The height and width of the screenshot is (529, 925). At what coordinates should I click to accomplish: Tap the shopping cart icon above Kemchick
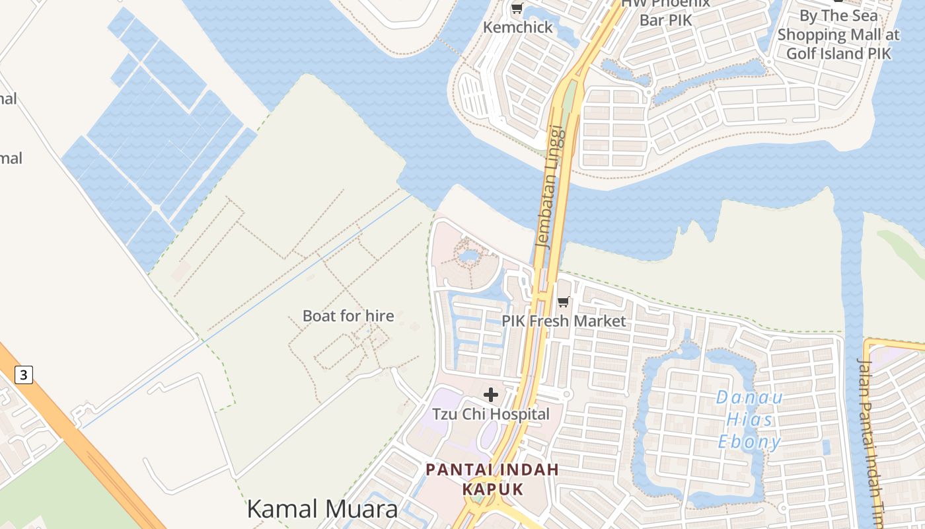(x=517, y=9)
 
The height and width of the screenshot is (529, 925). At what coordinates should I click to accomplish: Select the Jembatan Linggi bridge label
(x=552, y=186)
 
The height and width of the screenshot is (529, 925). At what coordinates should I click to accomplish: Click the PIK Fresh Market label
(x=564, y=321)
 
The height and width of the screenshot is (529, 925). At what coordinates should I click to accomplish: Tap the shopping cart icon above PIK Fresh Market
(x=564, y=302)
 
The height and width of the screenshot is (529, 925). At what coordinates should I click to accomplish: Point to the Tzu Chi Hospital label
(x=491, y=414)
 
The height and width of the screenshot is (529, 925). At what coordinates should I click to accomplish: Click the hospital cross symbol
(x=491, y=395)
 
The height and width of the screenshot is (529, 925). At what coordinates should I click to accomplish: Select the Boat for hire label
(x=348, y=316)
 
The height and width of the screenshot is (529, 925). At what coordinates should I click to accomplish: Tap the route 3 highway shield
(x=24, y=376)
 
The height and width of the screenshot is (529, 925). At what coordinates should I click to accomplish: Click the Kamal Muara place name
(x=322, y=509)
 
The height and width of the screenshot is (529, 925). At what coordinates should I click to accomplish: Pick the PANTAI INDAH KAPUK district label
(x=492, y=479)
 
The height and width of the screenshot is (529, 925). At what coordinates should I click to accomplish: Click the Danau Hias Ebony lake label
(x=750, y=419)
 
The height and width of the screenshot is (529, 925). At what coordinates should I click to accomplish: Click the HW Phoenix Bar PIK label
(x=665, y=12)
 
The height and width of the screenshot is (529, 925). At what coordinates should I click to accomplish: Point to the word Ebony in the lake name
(x=750, y=441)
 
